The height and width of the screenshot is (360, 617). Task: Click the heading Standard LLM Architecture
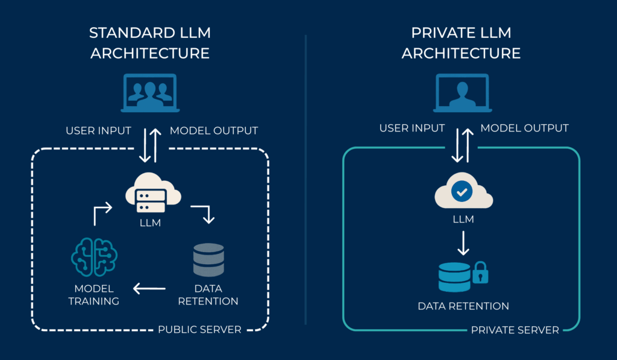click(x=150, y=43)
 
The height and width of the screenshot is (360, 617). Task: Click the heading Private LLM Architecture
click(x=461, y=43)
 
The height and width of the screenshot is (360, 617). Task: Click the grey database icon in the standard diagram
click(x=208, y=259)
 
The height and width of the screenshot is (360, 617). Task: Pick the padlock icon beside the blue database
click(x=480, y=274)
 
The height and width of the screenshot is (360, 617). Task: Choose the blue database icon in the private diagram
click(x=454, y=277)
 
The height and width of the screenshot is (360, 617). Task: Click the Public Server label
click(x=199, y=330)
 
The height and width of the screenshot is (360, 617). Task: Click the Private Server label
click(x=515, y=330)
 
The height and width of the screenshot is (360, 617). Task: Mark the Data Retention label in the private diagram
click(x=463, y=306)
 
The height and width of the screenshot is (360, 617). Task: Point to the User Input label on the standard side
click(x=98, y=131)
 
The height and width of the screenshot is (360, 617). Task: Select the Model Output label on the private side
click(x=524, y=128)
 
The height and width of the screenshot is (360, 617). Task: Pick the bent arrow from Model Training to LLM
click(x=102, y=213)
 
